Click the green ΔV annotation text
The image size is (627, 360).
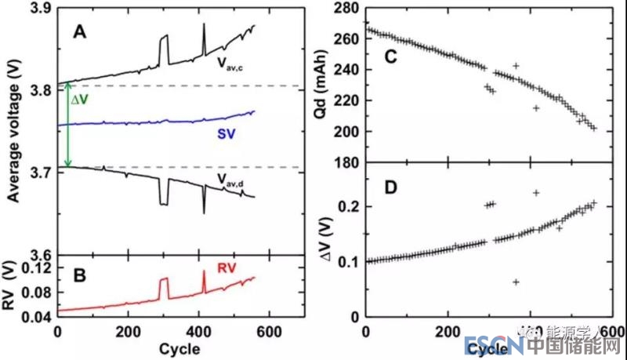79,100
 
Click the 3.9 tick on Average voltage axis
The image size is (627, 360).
38,9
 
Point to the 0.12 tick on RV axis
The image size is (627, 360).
34,269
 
